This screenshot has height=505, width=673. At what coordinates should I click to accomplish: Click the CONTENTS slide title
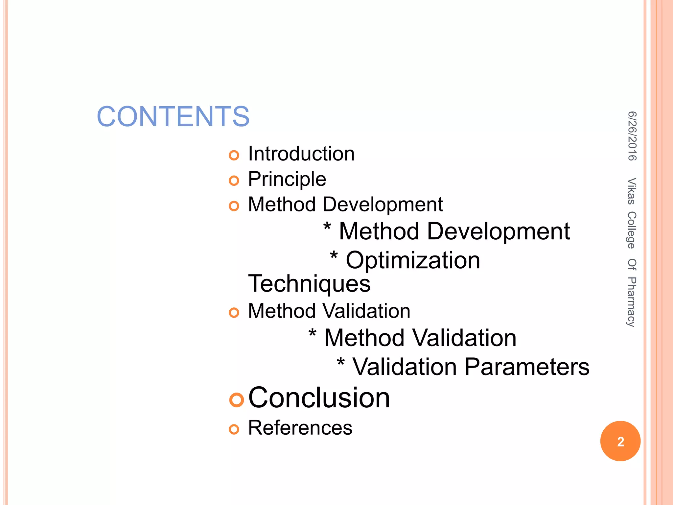click(173, 116)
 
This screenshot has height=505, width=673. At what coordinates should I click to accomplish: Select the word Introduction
click(301, 154)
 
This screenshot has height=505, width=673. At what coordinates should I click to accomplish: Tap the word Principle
click(287, 179)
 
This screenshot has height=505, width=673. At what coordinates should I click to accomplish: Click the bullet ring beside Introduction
click(234, 155)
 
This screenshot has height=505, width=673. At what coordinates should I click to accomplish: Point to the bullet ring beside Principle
click(234, 180)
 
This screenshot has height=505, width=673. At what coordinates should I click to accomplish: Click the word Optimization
click(413, 260)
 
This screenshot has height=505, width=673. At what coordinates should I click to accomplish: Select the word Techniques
click(309, 283)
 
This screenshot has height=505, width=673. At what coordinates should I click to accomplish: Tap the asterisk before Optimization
click(334, 256)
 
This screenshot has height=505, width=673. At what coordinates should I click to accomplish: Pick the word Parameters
click(527, 367)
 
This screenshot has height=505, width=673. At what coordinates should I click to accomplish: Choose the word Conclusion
click(319, 398)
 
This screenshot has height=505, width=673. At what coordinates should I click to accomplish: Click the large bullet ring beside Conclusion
click(236, 400)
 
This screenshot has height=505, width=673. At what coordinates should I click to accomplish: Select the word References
click(300, 428)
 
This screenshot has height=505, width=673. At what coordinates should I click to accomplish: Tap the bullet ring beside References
click(234, 429)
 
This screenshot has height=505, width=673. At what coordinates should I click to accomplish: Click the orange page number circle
click(620, 441)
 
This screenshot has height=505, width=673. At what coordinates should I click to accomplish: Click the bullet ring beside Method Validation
click(234, 312)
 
